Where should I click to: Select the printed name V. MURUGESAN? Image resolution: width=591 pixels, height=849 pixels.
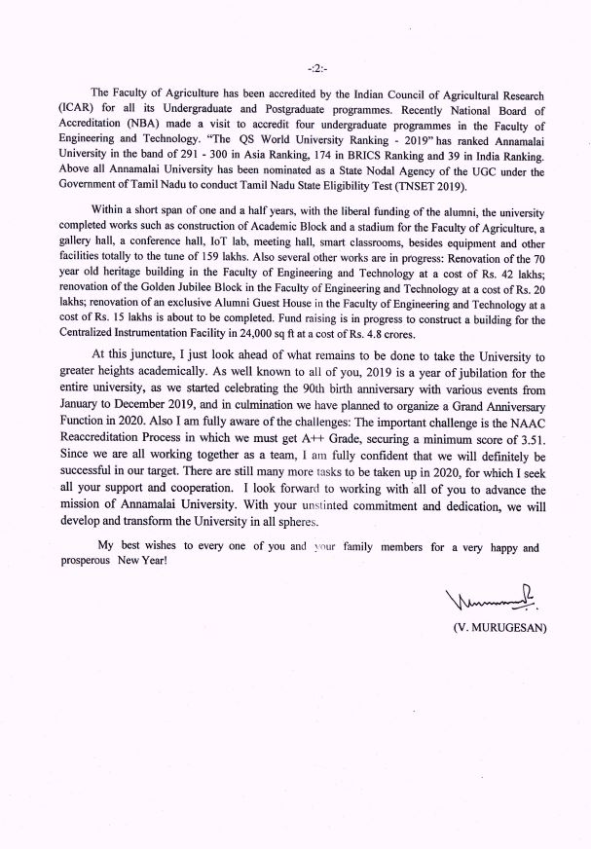pyautogui.click(x=499, y=627)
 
